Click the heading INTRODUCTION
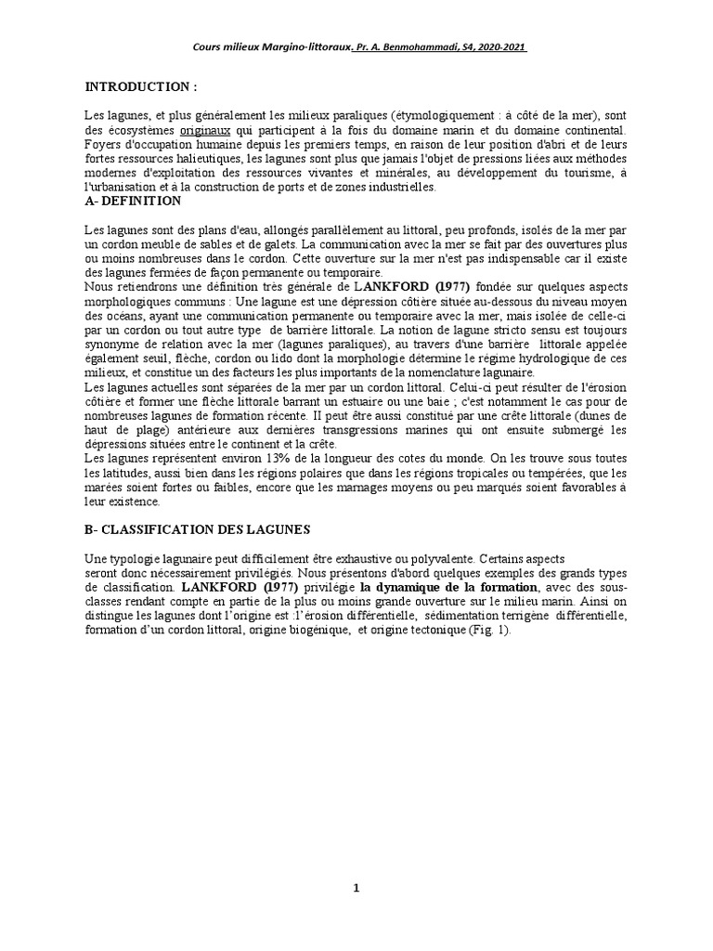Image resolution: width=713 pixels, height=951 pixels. point(141,86)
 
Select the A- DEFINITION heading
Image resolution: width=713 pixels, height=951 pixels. point(133,201)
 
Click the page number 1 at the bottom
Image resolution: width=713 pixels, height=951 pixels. point(356,889)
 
